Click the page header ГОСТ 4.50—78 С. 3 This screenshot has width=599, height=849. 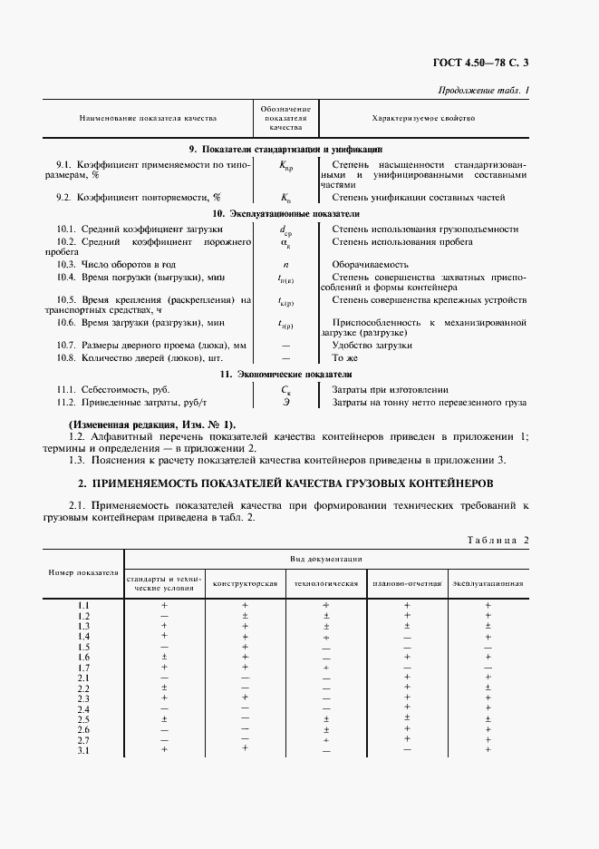pyautogui.click(x=485, y=63)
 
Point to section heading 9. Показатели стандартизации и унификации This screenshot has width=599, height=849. pyautogui.click(x=285, y=149)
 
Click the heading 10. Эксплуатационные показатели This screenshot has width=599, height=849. pyautogui.click(x=285, y=213)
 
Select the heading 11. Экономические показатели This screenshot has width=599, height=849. pyautogui.click(x=285, y=374)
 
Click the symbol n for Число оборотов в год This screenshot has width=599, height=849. pyautogui.click(x=285, y=263)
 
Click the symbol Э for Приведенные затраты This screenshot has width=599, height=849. pyautogui.click(x=285, y=403)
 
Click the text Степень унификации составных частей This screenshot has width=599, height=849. pyautogui.click(x=419, y=197)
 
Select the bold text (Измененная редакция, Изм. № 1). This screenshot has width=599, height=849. pyautogui.click(x=152, y=424)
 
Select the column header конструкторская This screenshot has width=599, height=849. pyautogui.click(x=245, y=582)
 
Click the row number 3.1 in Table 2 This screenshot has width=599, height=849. pyautogui.click(x=83, y=750)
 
